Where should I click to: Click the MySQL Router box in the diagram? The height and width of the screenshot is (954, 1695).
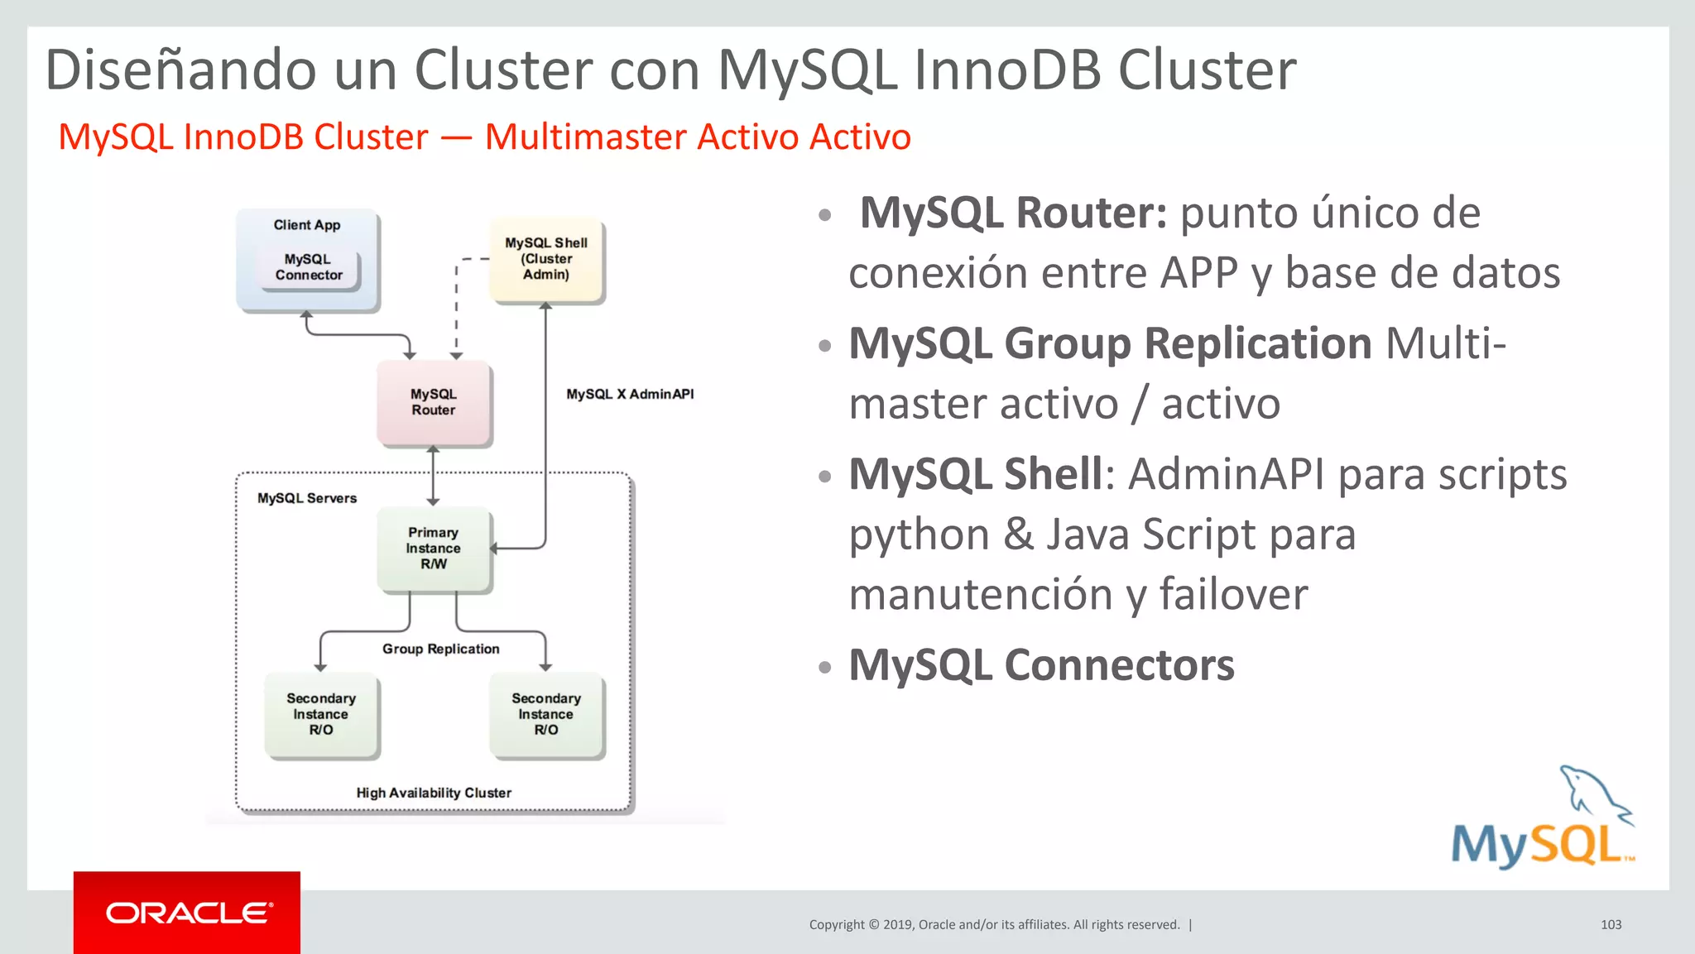(x=434, y=402)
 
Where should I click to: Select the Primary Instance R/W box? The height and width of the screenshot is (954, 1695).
(x=434, y=549)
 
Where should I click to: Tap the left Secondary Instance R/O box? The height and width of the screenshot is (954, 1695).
(x=321, y=715)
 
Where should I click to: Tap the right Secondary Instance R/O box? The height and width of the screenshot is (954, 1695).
(x=546, y=715)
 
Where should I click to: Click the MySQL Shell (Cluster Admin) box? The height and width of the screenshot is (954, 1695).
(x=546, y=259)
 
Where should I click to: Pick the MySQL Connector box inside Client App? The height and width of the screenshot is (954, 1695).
(x=309, y=268)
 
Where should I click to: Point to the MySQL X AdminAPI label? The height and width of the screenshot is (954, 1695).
(x=630, y=395)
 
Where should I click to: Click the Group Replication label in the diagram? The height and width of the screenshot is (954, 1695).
(x=440, y=650)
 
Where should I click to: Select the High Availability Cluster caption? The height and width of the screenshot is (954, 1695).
(x=434, y=793)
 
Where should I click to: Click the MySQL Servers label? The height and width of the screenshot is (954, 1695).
(x=307, y=498)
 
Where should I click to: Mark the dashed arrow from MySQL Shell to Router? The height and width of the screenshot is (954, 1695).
(x=457, y=306)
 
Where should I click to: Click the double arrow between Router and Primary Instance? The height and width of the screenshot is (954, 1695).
(x=433, y=476)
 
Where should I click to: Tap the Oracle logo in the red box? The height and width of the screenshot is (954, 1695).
(x=188, y=913)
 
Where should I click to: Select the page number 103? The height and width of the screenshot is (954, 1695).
(x=1611, y=925)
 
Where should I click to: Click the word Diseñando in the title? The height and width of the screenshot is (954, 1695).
(x=180, y=70)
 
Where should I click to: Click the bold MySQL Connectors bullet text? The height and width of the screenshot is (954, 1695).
(x=1041, y=665)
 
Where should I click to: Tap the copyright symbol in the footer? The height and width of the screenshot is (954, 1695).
(x=874, y=925)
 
